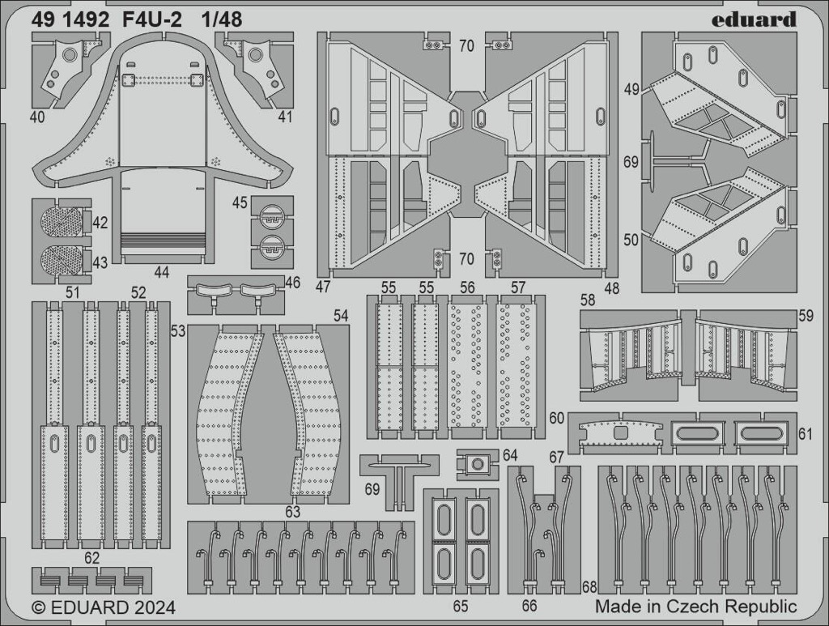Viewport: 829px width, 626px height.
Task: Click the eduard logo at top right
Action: (754, 19)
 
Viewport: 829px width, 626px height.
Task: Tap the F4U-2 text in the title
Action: (151, 19)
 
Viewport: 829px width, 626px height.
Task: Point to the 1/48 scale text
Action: (222, 19)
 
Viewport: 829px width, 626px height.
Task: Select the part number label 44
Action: (161, 273)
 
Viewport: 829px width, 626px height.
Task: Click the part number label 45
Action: (240, 202)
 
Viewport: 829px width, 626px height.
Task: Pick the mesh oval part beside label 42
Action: (61, 221)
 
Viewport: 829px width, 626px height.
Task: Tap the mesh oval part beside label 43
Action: (61, 261)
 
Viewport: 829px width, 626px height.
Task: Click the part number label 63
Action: (292, 512)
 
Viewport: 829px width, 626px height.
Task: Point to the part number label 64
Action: (510, 455)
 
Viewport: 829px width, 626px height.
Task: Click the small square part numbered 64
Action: (477, 464)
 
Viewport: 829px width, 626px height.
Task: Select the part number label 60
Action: (556, 418)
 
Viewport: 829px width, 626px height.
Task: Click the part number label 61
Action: (805, 434)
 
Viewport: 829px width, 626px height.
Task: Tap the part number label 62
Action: (91, 558)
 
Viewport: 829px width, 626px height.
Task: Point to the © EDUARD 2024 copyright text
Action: (104, 607)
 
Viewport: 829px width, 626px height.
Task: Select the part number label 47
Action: (324, 287)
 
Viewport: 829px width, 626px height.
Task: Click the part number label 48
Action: (612, 288)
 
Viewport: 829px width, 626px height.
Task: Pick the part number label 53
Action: (178, 331)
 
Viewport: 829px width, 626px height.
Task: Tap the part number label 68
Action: (589, 587)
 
